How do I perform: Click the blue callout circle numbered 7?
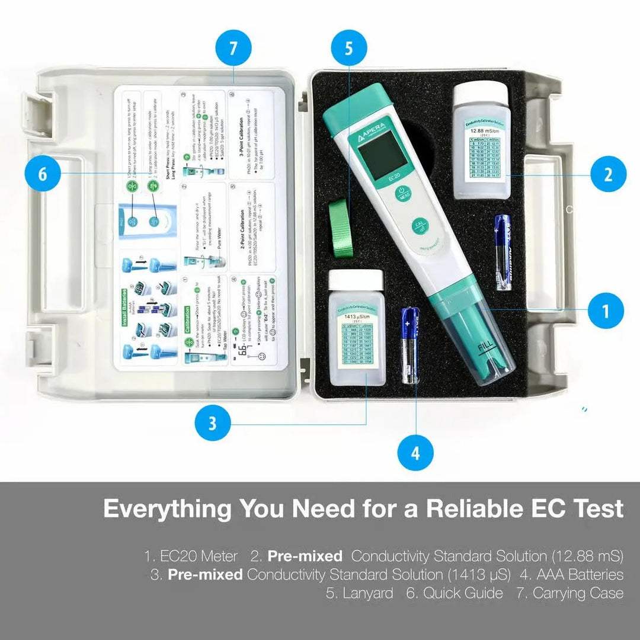pos(233,49)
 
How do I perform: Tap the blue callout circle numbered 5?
pos(348,49)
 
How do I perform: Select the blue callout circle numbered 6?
pos(42,174)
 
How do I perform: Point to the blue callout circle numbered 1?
pos(606,310)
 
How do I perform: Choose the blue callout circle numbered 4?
pos(415,453)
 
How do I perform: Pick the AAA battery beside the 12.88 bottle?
pos(503,252)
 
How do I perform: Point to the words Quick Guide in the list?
pos(463,593)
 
